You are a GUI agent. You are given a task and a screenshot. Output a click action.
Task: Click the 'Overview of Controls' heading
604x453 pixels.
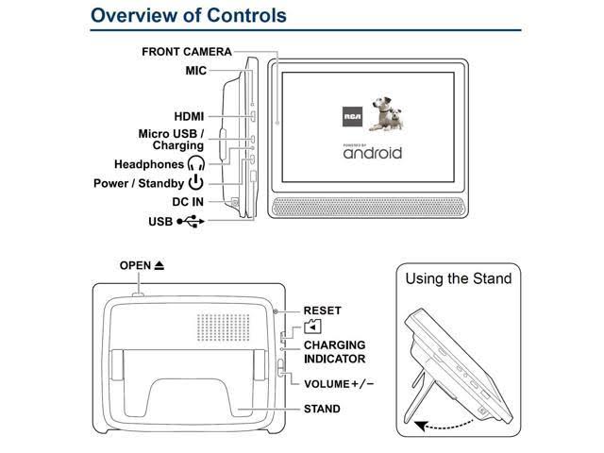[189, 16]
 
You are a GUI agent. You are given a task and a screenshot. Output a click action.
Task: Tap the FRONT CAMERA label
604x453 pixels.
[187, 52]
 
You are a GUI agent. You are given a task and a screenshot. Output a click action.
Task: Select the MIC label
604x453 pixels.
[196, 71]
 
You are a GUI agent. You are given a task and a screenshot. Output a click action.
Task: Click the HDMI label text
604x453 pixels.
[189, 116]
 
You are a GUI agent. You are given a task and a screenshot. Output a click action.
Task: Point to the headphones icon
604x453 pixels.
[196, 163]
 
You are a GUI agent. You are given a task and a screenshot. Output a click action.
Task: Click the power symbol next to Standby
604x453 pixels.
[196, 182]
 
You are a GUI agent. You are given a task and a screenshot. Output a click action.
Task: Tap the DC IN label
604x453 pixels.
[188, 202]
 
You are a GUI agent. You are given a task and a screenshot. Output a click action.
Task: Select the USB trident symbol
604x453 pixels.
[191, 222]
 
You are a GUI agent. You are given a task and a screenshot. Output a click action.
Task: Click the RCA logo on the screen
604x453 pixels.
[352, 117]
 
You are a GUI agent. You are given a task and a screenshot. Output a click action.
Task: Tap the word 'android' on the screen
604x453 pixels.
[373, 153]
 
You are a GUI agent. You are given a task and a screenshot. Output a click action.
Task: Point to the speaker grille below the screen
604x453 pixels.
[368, 208]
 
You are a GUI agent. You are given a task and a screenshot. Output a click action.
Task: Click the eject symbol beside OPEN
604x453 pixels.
[159, 265]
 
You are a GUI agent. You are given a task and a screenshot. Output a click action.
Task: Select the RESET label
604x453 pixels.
[323, 310]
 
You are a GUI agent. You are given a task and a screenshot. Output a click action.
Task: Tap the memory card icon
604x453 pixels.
[312, 327]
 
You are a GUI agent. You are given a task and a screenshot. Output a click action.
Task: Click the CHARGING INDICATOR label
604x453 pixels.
[335, 352]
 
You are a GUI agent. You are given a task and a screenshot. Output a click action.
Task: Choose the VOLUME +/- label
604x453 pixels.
[339, 384]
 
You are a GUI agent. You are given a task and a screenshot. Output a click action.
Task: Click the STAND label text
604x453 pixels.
[322, 409]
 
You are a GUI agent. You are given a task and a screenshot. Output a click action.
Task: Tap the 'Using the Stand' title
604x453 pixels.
[459, 278]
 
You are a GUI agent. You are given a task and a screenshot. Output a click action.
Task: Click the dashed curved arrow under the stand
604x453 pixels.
[446, 426]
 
